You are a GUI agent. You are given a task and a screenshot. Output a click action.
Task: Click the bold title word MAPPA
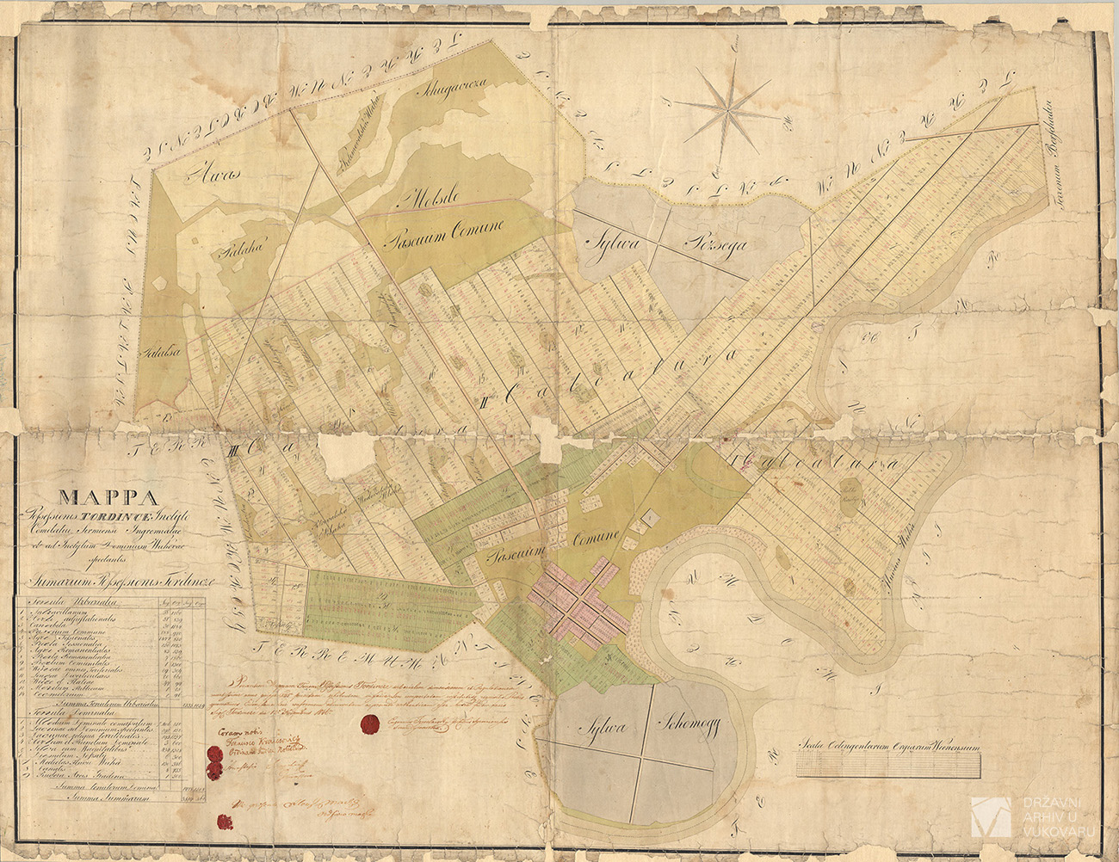pos(107,496)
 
